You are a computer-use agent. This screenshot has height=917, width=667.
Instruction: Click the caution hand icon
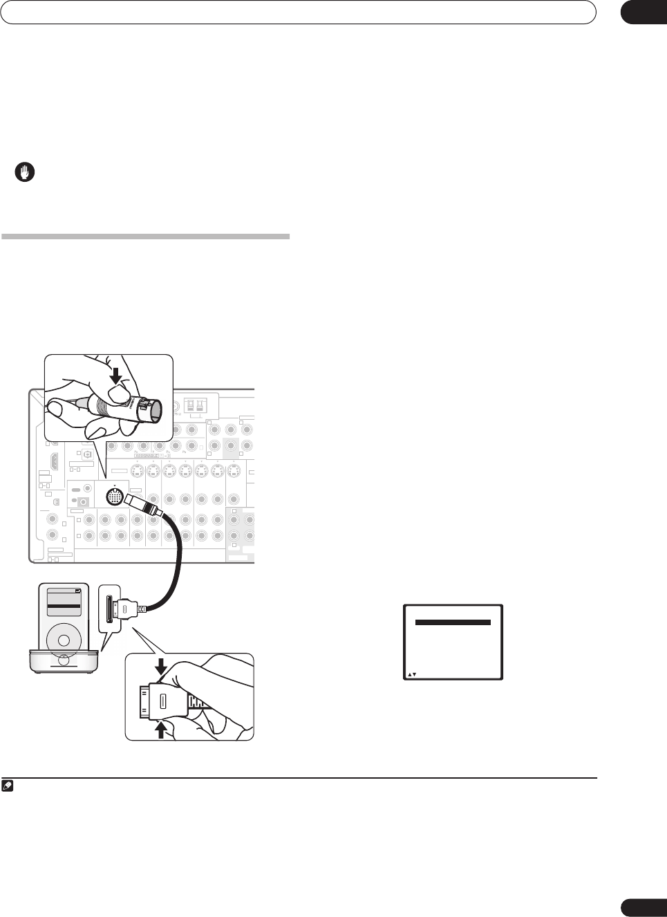(x=25, y=173)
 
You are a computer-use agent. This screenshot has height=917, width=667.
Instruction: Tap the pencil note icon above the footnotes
(x=7, y=786)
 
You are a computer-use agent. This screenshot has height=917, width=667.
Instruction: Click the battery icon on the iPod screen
(x=78, y=591)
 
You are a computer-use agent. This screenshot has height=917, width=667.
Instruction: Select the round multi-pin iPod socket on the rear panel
(x=115, y=496)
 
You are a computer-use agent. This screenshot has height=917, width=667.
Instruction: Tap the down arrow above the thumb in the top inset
(x=116, y=373)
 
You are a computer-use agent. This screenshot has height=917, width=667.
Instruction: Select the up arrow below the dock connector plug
(x=162, y=728)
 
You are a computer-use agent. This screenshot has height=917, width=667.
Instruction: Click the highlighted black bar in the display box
(x=453, y=622)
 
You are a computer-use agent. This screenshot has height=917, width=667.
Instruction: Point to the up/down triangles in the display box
(x=412, y=674)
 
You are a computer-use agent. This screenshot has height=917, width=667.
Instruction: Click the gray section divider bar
(x=145, y=237)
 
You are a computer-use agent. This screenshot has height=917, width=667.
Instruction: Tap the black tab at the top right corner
(x=643, y=12)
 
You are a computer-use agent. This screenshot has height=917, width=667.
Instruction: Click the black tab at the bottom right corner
(x=643, y=907)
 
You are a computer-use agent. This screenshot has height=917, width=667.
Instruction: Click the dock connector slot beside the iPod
(x=111, y=606)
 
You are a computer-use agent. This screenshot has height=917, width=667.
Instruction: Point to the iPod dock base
(x=63, y=662)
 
